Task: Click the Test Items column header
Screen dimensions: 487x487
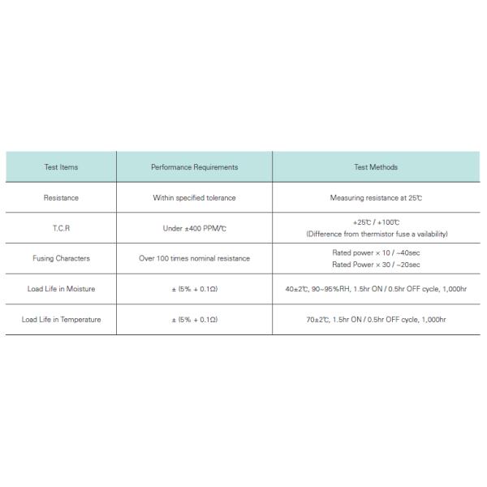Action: (61, 167)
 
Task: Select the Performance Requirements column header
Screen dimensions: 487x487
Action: (195, 167)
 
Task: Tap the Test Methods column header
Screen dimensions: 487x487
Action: (376, 167)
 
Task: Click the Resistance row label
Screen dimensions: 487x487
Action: (61, 197)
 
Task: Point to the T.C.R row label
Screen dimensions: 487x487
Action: (61, 228)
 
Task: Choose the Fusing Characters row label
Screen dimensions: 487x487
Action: (61, 258)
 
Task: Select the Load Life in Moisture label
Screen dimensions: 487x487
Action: (61, 289)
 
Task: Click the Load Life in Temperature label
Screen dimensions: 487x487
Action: (61, 319)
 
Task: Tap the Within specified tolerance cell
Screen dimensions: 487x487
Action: (195, 197)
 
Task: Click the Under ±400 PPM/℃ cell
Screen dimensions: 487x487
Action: (195, 228)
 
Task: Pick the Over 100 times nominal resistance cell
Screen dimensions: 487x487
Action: (195, 258)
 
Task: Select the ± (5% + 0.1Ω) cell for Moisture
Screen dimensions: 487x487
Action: (195, 289)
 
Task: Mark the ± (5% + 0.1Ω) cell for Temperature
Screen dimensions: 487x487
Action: (195, 319)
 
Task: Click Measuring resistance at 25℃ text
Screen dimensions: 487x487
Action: (376, 197)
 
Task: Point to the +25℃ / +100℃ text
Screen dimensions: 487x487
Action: (376, 222)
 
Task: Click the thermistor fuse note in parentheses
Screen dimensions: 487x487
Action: (376, 234)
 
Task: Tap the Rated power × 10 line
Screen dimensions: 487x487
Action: (376, 252)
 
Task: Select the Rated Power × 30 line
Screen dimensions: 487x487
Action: (376, 264)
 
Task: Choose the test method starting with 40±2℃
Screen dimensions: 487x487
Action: (376, 289)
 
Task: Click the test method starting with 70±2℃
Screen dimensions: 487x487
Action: (376, 319)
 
